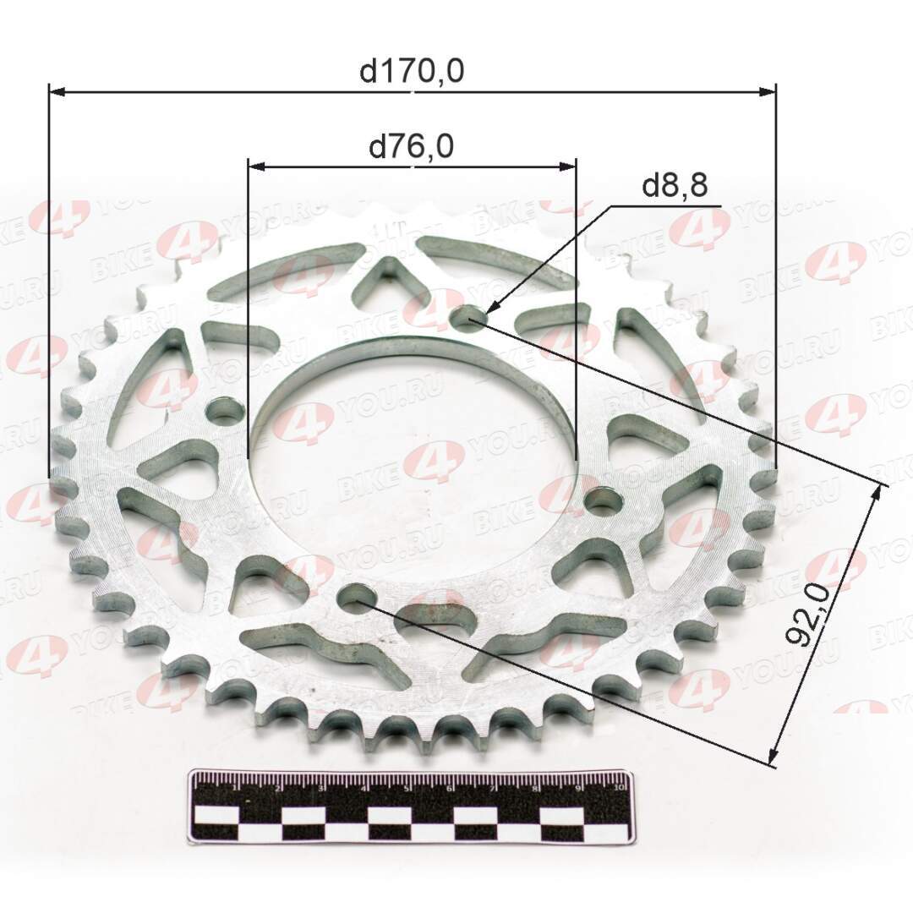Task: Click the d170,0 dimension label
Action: [x=412, y=72]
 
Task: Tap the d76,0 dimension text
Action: [x=412, y=147]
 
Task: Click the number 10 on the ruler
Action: [x=621, y=786]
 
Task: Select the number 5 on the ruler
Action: [x=407, y=789]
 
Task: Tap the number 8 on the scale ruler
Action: [x=536, y=789]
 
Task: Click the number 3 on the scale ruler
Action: [x=321, y=789]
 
